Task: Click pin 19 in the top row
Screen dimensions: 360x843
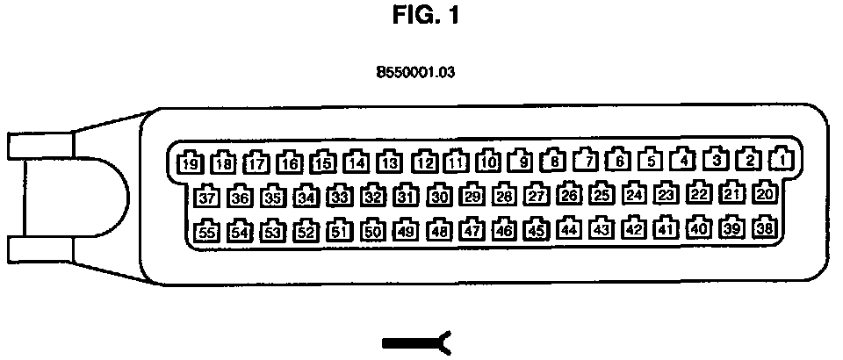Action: coord(190,162)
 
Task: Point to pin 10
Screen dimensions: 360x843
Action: coord(489,162)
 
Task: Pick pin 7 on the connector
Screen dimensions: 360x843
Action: coord(587,161)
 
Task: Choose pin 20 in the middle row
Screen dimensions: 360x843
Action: coord(765,193)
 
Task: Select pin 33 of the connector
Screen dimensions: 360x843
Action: coord(339,196)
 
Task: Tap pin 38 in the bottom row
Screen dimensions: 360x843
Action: coord(765,228)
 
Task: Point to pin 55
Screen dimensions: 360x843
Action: coord(206,232)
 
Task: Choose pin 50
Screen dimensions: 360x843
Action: coord(372,231)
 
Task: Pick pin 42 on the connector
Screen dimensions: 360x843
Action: coord(633,229)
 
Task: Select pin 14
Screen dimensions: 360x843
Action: coord(356,162)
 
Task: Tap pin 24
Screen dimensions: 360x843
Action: coord(635,194)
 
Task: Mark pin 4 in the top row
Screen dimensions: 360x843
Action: coord(682,161)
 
